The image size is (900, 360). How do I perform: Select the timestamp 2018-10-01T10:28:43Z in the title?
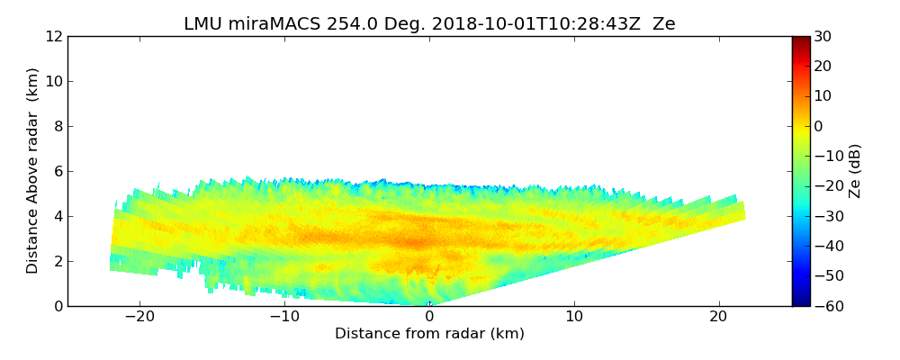525,24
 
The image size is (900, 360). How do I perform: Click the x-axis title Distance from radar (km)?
429,334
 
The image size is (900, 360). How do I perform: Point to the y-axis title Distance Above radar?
32,170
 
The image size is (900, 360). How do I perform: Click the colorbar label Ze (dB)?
855,170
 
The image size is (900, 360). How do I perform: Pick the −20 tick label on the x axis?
139,317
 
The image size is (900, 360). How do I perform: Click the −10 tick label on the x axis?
284,317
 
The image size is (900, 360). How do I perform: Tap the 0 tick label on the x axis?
429,317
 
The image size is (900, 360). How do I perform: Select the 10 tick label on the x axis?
574,317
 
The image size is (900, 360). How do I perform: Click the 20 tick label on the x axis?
718,317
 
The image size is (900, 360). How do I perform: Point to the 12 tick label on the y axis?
54,36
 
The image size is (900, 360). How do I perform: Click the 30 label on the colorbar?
823,36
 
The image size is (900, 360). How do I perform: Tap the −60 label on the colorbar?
826,306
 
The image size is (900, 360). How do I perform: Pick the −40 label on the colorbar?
826,246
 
